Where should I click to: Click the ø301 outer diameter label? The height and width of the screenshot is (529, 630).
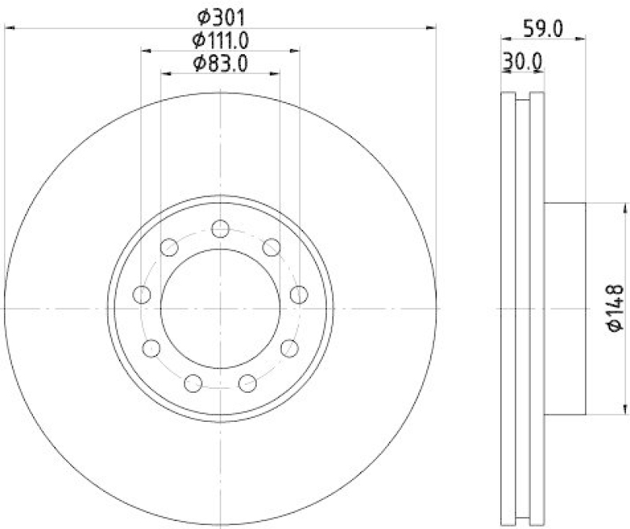pyautogui.click(x=220, y=15)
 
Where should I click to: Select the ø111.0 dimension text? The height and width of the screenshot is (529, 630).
pyautogui.click(x=220, y=39)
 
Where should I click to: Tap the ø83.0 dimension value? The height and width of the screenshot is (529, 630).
pyautogui.click(x=220, y=63)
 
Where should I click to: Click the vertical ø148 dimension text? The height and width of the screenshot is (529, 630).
pyautogui.click(x=615, y=308)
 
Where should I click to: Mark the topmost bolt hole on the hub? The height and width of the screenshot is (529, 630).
pyautogui.click(x=220, y=228)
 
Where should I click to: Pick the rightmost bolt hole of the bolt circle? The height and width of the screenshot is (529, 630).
pyautogui.click(x=298, y=294)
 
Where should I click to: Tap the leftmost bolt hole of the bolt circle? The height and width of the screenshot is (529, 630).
pyautogui.click(x=143, y=295)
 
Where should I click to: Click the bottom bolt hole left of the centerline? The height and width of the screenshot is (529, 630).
pyautogui.click(x=192, y=383)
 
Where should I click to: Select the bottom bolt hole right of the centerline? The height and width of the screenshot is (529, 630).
pyautogui.click(x=248, y=383)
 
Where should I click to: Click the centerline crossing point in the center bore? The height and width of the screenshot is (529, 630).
pyautogui.click(x=220, y=309)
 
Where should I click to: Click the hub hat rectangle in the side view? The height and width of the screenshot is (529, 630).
pyautogui.click(x=565, y=309)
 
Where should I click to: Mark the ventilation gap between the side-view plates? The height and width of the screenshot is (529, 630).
pyautogui.click(x=522, y=309)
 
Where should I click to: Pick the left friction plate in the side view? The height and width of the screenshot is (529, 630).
pyautogui.click(x=508, y=309)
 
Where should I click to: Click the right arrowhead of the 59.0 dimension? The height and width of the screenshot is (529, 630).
pyautogui.click(x=582, y=37)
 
